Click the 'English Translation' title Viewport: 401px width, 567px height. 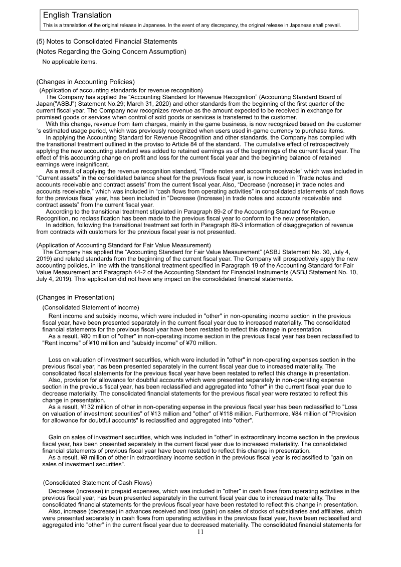click(77, 16)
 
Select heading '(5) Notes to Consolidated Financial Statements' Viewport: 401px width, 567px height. click(107, 41)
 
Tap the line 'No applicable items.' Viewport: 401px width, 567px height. click(69, 62)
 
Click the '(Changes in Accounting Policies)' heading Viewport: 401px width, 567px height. click(85, 82)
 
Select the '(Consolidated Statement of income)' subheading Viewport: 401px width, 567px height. click(91, 307)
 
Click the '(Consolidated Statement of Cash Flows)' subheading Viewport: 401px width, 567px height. click(97, 483)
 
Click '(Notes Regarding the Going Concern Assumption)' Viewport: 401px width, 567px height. click(111, 52)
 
